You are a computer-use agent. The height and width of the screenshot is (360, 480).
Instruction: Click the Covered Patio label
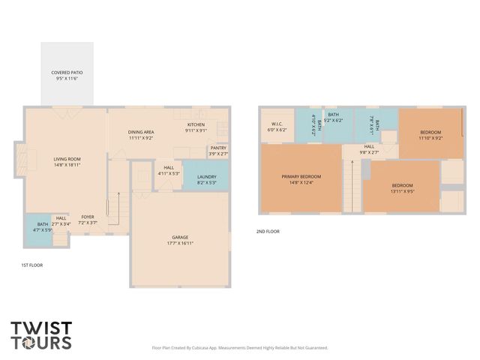[x=67, y=75]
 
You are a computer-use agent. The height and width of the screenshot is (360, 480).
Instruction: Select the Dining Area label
[x=141, y=134]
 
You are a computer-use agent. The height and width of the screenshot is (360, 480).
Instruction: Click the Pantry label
[x=218, y=151]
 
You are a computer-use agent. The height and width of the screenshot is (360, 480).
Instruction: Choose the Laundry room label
[x=205, y=178]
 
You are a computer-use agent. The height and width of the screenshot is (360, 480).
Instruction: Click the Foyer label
[x=88, y=220]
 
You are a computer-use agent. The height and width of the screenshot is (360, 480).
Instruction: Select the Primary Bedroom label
[x=300, y=180]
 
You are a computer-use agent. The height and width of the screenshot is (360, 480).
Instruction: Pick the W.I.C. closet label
[x=277, y=127]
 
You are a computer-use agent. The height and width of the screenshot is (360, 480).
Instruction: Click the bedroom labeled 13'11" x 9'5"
[x=401, y=188]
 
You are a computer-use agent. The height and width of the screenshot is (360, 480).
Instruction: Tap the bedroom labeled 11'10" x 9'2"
[x=430, y=135]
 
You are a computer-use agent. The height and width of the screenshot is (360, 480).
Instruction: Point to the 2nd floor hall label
[x=369, y=149]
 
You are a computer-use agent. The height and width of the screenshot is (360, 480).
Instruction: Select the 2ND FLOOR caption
[x=268, y=232]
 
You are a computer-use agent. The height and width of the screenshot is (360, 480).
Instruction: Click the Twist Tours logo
[x=41, y=335]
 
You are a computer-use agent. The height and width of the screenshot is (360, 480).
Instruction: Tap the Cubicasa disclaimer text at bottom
[x=239, y=348]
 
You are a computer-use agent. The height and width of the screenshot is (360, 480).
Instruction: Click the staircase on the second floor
[x=352, y=185]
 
